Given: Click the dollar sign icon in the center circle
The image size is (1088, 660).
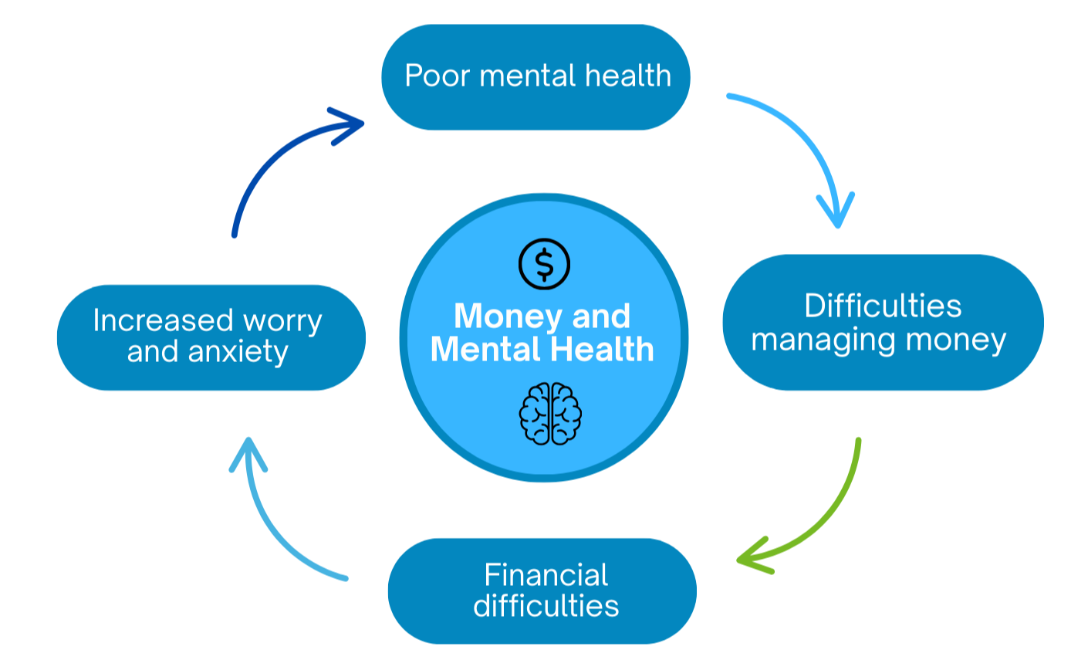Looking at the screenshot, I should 544,264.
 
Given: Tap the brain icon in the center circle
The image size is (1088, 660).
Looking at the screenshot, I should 550,414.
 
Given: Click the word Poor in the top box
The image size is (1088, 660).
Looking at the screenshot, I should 438,76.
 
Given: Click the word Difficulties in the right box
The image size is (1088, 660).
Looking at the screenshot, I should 883,306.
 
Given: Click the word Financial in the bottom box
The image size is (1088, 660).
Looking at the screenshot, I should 546,575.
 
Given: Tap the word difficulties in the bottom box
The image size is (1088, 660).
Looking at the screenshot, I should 546,606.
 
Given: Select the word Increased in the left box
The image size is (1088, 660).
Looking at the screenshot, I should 163,320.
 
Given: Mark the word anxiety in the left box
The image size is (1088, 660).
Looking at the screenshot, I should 238,353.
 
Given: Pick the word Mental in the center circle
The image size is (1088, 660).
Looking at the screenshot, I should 483,350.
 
